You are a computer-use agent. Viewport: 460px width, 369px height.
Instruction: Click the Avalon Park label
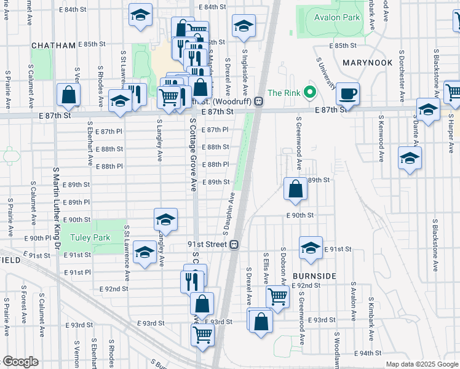click(336, 18)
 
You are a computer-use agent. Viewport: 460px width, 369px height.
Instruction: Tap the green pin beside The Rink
click(311, 93)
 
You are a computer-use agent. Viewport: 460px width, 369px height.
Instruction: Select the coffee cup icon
click(348, 93)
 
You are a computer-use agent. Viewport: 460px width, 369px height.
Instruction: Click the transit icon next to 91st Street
click(234, 244)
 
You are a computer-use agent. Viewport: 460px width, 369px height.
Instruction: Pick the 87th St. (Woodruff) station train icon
click(260, 101)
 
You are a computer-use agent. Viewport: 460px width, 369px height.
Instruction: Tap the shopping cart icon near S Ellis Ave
click(278, 296)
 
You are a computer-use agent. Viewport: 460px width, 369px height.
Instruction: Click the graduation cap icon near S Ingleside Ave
click(244, 26)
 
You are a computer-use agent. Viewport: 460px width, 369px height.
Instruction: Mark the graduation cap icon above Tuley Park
click(165, 219)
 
